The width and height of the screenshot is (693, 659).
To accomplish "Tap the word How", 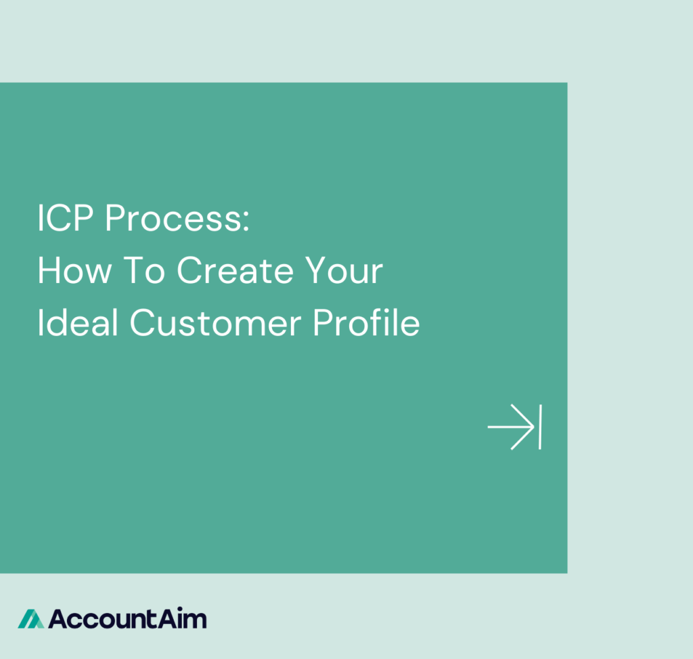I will [x=75, y=271].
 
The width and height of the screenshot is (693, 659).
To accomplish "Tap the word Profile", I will [x=366, y=322].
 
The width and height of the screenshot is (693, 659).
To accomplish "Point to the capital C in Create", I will [x=190, y=271].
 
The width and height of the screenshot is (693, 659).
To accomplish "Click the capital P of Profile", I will [x=321, y=322].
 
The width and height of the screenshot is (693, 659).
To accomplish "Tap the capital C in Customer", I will [x=143, y=322].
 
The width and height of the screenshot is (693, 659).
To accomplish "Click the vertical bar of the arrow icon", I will [x=539, y=427].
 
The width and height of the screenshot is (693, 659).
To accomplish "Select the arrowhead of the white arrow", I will [x=524, y=427].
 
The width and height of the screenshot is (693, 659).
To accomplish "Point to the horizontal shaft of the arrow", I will [x=504, y=427].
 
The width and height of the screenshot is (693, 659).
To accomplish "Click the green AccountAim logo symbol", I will [x=30, y=618].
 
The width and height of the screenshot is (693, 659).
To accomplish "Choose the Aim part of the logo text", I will [x=186, y=618].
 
